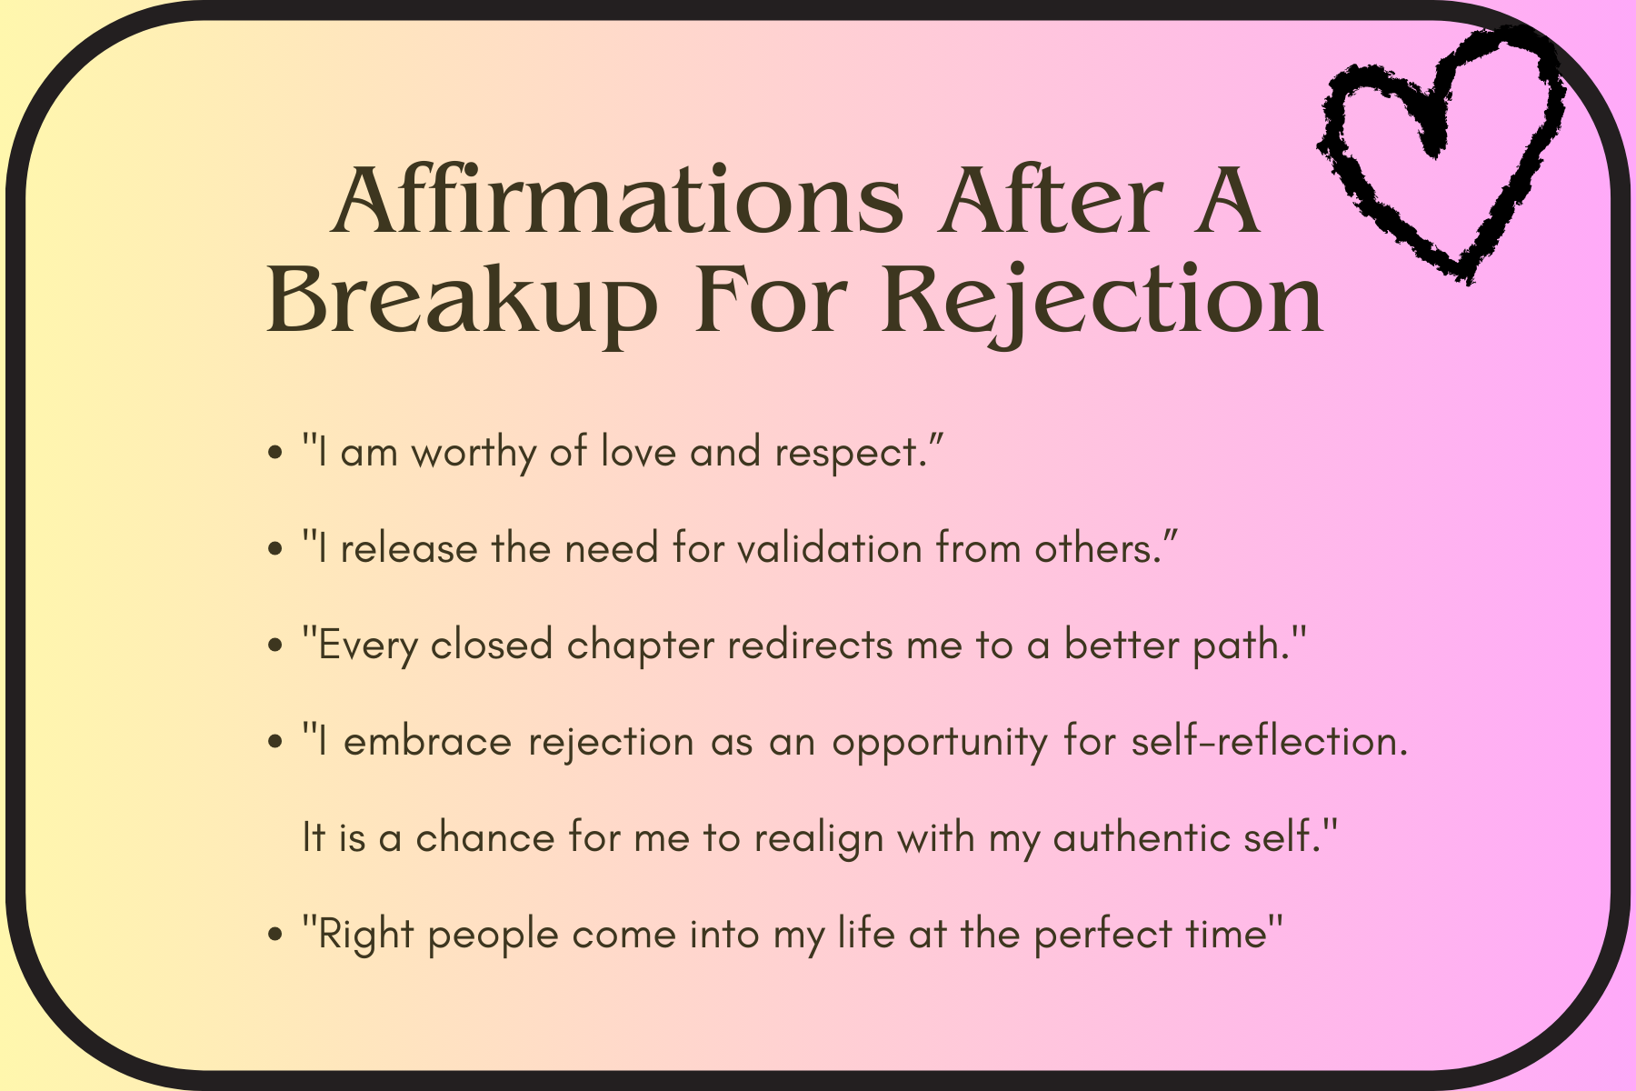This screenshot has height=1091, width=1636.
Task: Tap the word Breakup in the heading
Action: (461, 302)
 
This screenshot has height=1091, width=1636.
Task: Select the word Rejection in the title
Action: (1102, 302)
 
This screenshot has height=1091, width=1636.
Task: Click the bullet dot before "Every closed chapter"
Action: (276, 646)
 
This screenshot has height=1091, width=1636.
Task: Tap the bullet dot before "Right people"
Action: (276, 936)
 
